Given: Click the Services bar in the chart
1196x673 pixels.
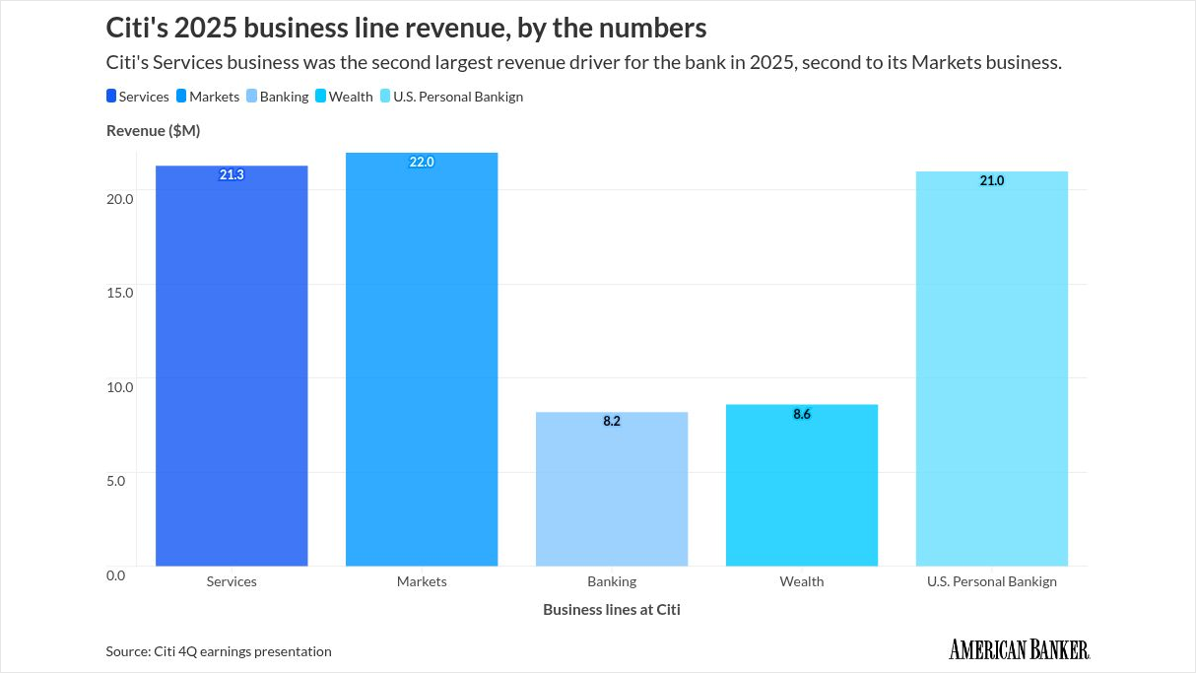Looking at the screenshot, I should (x=232, y=374).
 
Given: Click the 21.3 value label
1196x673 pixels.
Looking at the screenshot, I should (x=232, y=174).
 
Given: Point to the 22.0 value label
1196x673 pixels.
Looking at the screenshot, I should (x=422, y=162).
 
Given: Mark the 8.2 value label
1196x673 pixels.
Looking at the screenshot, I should (x=612, y=421).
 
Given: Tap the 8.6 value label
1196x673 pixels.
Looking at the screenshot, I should (x=802, y=414).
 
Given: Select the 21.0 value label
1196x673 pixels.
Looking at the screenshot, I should (x=991, y=180).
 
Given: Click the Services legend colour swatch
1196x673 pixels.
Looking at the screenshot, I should (x=111, y=97).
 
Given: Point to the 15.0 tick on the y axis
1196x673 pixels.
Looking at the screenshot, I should (x=120, y=293).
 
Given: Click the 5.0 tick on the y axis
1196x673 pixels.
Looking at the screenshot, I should (x=120, y=481).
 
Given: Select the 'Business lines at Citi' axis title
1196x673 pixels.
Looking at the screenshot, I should (x=611, y=609).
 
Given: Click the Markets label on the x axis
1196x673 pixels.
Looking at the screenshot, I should (x=422, y=581).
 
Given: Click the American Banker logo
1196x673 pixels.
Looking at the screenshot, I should (x=1019, y=649).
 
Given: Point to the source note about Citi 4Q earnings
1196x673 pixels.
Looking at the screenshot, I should (x=219, y=651).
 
